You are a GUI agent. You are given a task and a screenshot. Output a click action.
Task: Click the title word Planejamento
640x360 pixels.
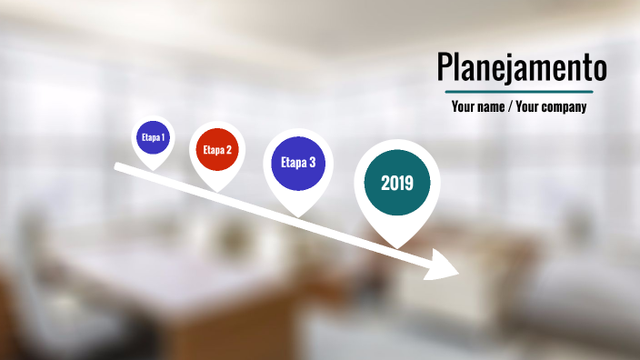[521, 67]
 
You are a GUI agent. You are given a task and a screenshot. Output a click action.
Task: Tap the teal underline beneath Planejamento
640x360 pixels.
[519, 92]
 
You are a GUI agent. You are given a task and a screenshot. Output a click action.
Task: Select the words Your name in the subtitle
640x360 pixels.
[477, 107]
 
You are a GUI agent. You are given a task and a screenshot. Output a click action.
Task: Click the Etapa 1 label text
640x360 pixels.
[153, 138]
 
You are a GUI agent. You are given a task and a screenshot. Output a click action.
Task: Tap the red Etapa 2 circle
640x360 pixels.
[217, 150]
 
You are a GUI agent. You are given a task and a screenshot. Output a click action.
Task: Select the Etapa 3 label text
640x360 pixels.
[298, 164]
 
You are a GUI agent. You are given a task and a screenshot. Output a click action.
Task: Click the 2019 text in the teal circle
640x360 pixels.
[397, 184]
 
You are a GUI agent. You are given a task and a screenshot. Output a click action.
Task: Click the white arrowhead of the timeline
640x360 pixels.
[445, 265]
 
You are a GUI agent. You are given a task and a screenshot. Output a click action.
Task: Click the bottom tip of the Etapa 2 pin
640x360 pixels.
[217, 190]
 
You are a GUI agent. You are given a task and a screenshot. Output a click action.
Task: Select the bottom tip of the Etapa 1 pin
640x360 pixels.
[153, 169]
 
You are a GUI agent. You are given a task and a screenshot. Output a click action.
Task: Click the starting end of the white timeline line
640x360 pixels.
[116, 166]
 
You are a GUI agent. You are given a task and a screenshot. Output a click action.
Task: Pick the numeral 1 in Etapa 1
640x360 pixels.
[163, 138]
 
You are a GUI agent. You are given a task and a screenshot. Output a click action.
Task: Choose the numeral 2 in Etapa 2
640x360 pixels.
[229, 150]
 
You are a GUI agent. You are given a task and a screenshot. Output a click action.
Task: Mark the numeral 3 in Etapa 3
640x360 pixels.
[312, 164]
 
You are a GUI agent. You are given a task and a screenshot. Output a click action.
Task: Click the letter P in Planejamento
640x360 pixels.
[444, 67]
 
